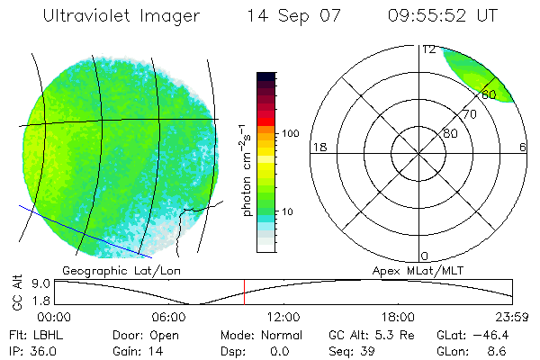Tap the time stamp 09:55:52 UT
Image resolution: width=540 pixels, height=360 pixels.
click(444, 15)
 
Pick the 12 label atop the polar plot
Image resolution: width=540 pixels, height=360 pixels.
click(427, 49)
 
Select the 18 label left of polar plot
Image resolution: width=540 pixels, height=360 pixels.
click(318, 147)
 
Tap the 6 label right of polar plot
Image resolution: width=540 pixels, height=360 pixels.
click(523, 147)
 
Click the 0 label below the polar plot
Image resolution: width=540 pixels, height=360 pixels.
click(424, 256)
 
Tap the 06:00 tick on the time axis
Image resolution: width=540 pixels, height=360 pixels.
click(169, 317)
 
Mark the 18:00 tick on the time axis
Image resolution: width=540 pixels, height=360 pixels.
click(398, 317)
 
